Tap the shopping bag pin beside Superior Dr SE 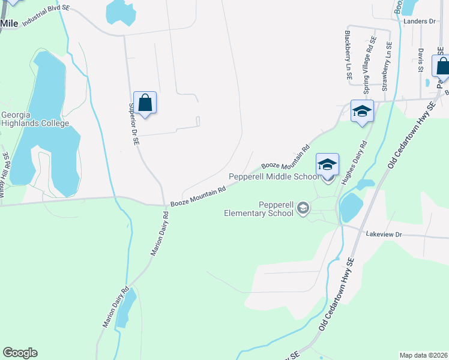[145, 103]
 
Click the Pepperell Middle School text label [273, 176]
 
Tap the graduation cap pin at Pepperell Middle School [328, 165]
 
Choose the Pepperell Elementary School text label [260, 208]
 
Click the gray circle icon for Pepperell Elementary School [303, 208]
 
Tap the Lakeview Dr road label [383, 234]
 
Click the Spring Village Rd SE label [369, 59]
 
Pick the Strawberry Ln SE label [387, 67]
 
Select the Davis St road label [421, 60]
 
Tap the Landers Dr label [420, 21]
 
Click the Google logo [20, 353]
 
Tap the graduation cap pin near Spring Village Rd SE [362, 112]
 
